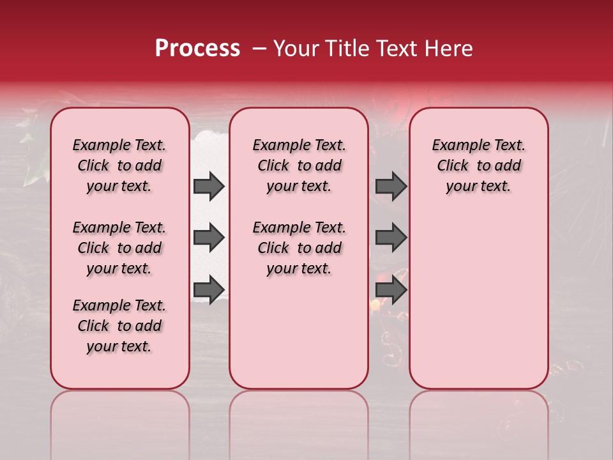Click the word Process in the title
point(197,49)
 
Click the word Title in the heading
point(344,49)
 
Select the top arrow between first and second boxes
point(209,187)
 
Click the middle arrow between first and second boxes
point(209,238)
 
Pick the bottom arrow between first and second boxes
point(209,289)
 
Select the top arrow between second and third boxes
point(391,187)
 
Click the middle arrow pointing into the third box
point(391,238)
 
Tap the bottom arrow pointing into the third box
point(391,289)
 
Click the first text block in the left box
point(119,165)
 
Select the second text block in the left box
point(119,248)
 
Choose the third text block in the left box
point(119,326)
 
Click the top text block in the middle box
point(299,165)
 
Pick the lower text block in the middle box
point(299,248)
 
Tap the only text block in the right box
point(478,165)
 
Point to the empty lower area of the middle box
point(299,332)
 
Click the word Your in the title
point(296,49)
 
